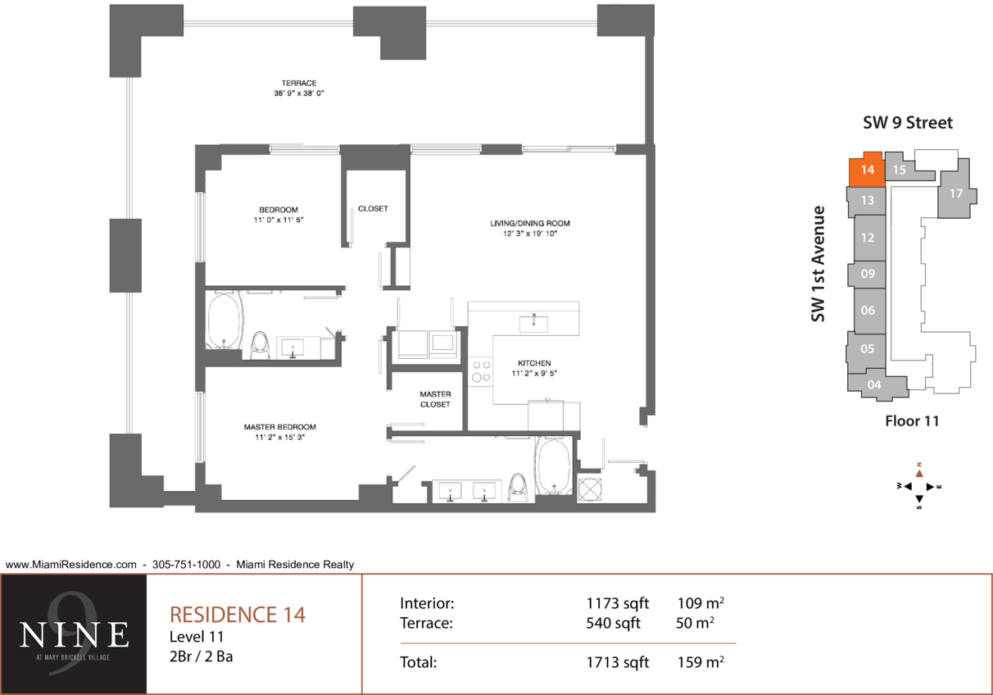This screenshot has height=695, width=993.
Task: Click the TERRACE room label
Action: point(299,88)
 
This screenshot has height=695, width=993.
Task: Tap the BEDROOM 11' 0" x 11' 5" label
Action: point(279,215)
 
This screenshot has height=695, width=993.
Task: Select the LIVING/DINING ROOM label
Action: point(530,228)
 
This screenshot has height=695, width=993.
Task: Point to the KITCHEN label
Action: point(534,368)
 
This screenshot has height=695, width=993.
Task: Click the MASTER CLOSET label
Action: point(435,399)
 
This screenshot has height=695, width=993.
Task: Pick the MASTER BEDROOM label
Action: point(279,432)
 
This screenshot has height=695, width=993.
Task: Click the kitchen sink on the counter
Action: point(533,324)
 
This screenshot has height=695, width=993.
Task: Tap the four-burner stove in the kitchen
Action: point(481,371)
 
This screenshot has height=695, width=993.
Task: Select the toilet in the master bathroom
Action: point(517,488)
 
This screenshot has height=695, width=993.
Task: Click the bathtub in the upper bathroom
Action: point(225,320)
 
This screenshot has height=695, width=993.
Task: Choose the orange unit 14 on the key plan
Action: point(867,170)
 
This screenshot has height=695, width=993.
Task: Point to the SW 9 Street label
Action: point(908,122)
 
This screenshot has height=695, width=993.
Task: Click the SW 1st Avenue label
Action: point(818,264)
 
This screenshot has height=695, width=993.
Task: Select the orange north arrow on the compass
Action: point(919,473)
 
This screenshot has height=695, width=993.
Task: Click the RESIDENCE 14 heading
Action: point(238,615)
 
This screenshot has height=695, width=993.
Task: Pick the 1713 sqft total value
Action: point(617,662)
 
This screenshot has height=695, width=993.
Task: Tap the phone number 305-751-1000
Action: point(186,564)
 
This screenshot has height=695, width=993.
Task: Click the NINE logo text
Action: point(74,634)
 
